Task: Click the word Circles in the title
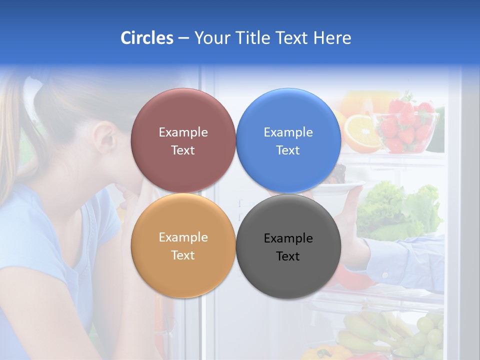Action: pos(146,38)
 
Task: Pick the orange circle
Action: pos(183,272)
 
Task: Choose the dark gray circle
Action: pos(288,275)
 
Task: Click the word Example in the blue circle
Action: pos(288,132)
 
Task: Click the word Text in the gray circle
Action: pos(288,256)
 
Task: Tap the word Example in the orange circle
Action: pos(183,237)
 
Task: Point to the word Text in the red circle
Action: pos(183,150)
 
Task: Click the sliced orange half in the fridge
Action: pos(361,133)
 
